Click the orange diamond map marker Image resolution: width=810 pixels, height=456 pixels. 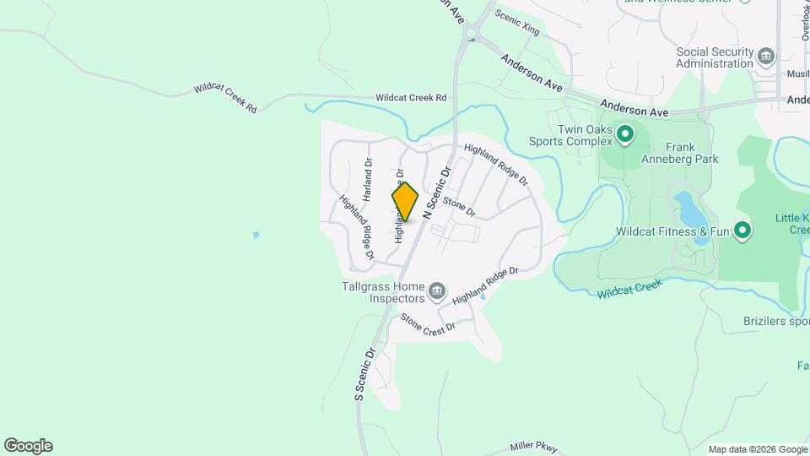(x=405, y=202)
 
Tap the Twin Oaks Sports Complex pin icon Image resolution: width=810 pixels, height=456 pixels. (x=625, y=134)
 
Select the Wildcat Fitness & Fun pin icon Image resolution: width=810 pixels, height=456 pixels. (x=742, y=231)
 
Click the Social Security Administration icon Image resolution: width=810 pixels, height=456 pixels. (x=766, y=57)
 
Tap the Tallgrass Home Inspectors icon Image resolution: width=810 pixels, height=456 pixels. (x=437, y=292)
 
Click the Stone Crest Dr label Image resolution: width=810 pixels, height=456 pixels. (x=428, y=322)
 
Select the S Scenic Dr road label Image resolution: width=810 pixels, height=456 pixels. (x=364, y=373)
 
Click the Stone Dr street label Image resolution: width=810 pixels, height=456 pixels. (x=459, y=207)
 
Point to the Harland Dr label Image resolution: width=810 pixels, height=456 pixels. (x=368, y=179)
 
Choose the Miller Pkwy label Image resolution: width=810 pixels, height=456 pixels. (x=533, y=447)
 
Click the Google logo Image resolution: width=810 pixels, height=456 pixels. (x=28, y=446)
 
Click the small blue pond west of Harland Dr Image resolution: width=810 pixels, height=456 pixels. (x=255, y=235)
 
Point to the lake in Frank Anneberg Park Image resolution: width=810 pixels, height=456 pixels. (x=685, y=208)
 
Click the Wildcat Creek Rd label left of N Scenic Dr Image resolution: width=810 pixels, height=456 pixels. (x=411, y=98)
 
